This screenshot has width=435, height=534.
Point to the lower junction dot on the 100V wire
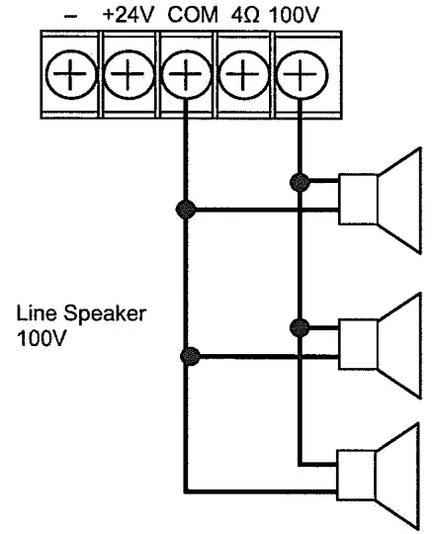tap(295, 325)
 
